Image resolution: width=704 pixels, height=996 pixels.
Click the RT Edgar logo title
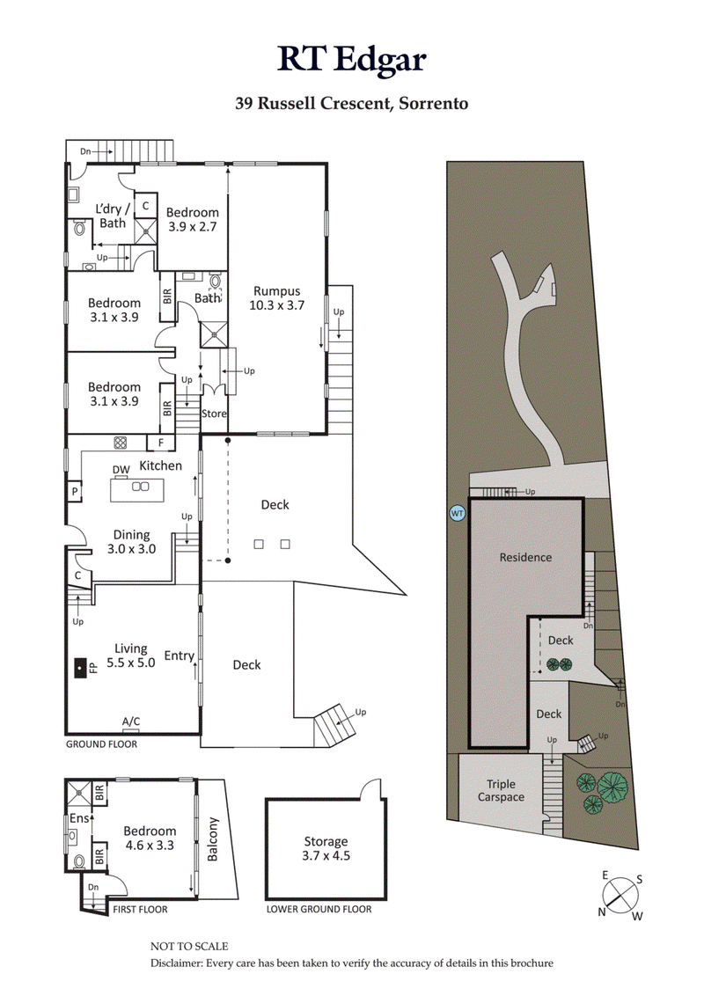pos(352,59)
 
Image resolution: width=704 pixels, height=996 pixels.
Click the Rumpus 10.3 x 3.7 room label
pos(277,298)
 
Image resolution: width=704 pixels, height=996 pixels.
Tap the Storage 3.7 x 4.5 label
pos(326,848)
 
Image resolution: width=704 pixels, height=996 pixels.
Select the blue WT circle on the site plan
pos(457,513)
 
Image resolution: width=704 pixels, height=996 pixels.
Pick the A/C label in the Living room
pos(131,721)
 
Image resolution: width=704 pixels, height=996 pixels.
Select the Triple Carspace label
pos(501,790)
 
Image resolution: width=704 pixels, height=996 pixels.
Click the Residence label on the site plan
pos(525,557)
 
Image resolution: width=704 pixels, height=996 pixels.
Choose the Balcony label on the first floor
pos(211,841)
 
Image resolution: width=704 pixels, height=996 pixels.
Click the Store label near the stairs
pos(214,413)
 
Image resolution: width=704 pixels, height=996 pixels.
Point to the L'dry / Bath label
pos(113,216)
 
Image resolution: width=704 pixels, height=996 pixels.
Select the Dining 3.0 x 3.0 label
pos(130,541)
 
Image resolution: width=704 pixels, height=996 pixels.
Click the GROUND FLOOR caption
pos(102,743)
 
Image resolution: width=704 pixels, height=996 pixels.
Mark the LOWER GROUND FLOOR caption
pos(319,909)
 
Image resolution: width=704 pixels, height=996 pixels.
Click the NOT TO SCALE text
pos(189,946)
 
